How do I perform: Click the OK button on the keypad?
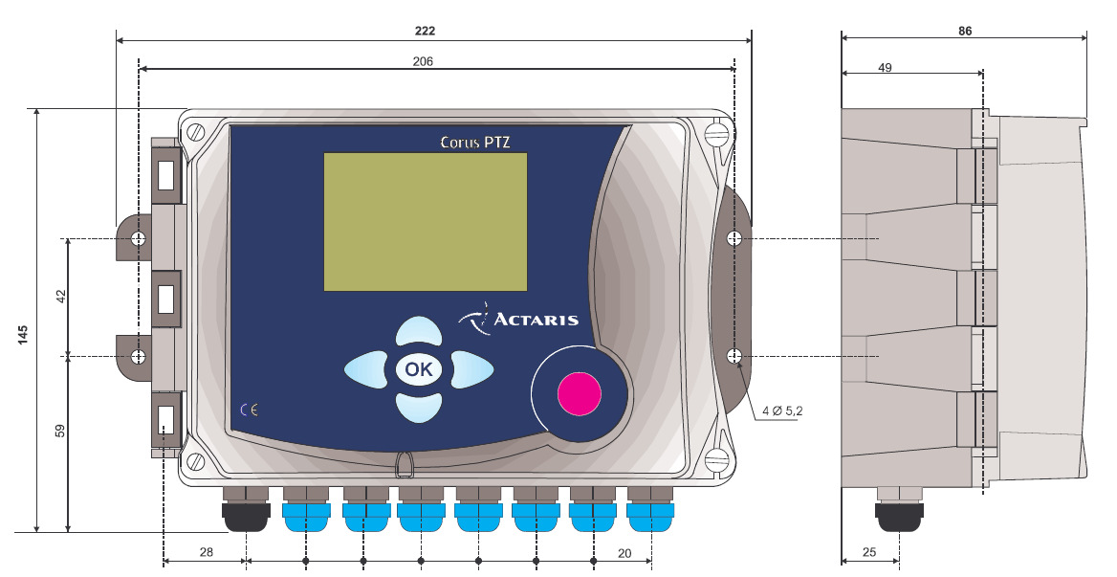[419, 369]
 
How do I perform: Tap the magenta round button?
[580, 393]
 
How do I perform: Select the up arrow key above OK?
[419, 332]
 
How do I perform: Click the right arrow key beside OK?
[471, 369]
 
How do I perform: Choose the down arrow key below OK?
[419, 408]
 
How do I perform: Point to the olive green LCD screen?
[426, 222]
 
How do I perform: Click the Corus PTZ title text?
[475, 142]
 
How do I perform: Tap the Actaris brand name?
[536, 320]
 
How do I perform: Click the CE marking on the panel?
[249, 410]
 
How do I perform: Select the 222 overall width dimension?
[425, 31]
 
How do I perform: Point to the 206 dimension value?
[423, 61]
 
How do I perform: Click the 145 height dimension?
[23, 335]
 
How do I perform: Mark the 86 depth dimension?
[965, 31]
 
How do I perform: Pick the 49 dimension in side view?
[885, 68]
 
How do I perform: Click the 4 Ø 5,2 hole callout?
[783, 411]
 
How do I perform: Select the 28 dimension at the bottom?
[206, 552]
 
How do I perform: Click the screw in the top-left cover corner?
[194, 132]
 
